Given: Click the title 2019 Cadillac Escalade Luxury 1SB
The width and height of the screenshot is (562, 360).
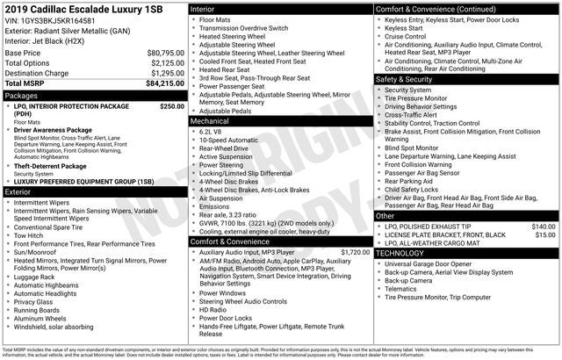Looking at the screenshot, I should [x=85, y=9].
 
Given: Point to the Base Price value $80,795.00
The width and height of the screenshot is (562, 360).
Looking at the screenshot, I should [x=165, y=53].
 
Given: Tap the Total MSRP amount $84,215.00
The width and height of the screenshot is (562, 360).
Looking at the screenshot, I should [x=165, y=83].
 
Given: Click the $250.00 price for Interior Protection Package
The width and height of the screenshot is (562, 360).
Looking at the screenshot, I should [x=172, y=105].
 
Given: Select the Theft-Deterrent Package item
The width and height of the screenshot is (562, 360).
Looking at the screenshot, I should [x=50, y=166].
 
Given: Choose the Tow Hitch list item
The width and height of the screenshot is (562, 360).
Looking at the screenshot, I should [x=28, y=235].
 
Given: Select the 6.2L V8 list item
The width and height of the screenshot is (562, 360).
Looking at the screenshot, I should [x=211, y=131].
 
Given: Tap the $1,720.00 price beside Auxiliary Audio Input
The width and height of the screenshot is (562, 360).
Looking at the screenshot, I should [x=355, y=252].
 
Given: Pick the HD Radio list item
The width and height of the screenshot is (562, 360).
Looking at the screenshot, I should [x=213, y=309].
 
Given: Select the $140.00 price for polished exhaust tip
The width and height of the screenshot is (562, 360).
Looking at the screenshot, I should [x=544, y=226].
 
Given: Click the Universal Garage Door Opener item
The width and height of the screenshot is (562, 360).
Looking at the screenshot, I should [x=428, y=263].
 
